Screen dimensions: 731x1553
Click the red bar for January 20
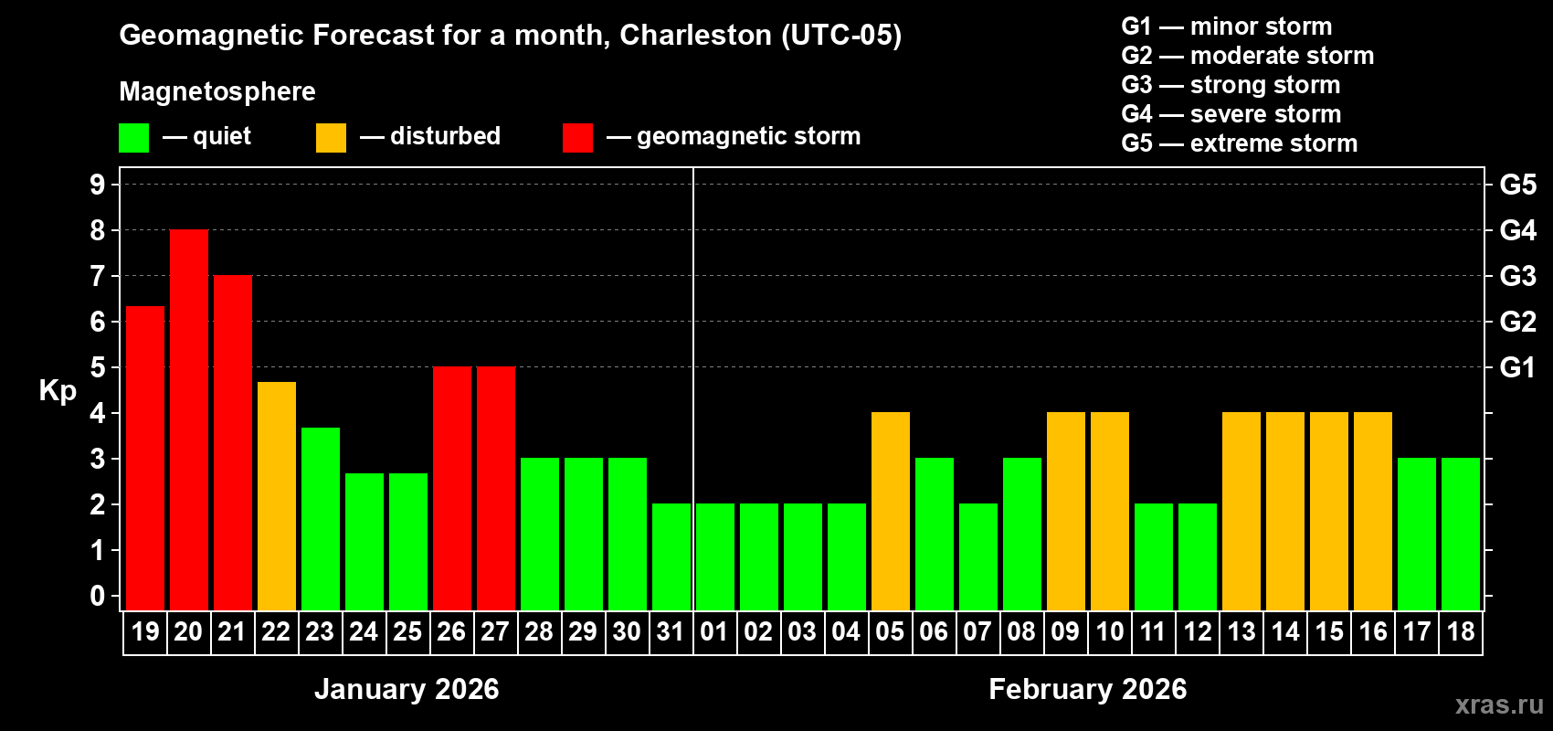click(x=189, y=419)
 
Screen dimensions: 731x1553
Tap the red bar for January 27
click(x=496, y=488)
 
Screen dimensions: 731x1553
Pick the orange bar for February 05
click(x=891, y=511)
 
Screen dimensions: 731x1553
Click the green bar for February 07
click(x=978, y=556)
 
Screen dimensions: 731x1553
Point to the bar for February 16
click(x=1373, y=511)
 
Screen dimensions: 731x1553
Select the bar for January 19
click(x=145, y=458)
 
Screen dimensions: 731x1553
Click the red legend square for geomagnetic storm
click(x=577, y=138)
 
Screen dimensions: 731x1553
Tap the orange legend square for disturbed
click(x=331, y=138)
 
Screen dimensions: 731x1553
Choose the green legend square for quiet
click(x=133, y=138)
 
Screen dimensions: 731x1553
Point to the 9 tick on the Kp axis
click(x=98, y=185)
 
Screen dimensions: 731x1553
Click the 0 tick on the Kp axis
click(x=98, y=597)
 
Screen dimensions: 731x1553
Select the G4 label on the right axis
click(x=1517, y=230)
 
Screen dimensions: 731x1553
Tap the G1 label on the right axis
click(x=1517, y=367)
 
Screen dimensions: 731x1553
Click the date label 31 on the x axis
click(x=671, y=631)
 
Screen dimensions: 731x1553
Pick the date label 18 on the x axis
click(x=1461, y=631)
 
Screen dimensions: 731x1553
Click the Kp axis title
click(x=58, y=390)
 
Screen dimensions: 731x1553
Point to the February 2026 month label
click(x=1087, y=689)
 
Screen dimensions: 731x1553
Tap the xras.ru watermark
click(x=1499, y=705)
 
